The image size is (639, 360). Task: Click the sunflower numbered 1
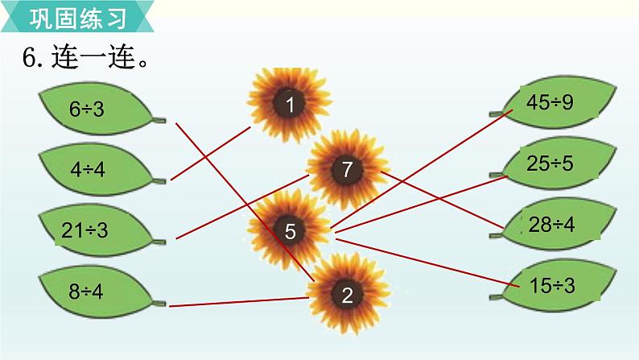tap(289, 102)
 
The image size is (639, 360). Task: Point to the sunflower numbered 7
tap(347, 170)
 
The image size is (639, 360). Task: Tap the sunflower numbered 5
tap(291, 232)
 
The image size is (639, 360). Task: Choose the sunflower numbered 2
tap(347, 295)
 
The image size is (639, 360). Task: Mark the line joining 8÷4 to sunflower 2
tap(241, 302)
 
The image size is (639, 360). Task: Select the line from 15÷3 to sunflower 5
tap(423, 259)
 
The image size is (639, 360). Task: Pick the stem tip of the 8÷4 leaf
tap(161, 304)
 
